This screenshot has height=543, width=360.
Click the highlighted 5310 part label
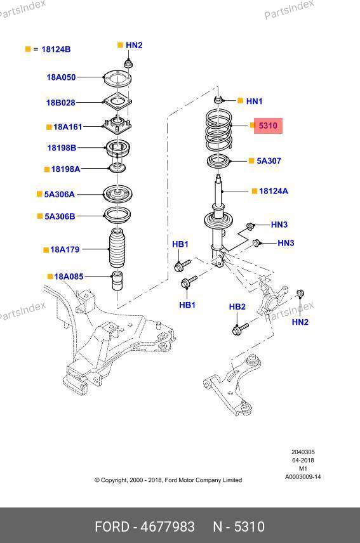pyautogui.click(x=268, y=126)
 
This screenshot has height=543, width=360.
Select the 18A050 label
pyautogui.click(x=62, y=77)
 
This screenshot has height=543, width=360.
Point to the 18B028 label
pyautogui.click(x=61, y=103)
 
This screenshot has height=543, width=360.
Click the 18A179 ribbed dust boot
pyautogui.click(x=117, y=248)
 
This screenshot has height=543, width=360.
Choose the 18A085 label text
pyautogui.click(x=69, y=277)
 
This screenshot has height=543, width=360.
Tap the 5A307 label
pyautogui.click(x=269, y=160)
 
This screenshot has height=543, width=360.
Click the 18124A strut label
pyautogui.click(x=274, y=191)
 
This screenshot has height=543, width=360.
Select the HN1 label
pyautogui.click(x=255, y=101)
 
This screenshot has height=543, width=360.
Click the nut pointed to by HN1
pyautogui.click(x=218, y=100)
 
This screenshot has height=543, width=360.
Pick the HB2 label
pyautogui.click(x=237, y=306)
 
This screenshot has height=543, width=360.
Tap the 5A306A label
pyautogui.click(x=59, y=194)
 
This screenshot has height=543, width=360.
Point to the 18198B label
pyautogui.click(x=62, y=148)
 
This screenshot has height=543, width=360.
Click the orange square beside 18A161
pyautogui.click(x=49, y=127)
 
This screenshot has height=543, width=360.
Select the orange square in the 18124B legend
pyautogui.click(x=28, y=49)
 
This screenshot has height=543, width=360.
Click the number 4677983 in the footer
pyautogui.click(x=168, y=527)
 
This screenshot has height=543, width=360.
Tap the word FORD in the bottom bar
pyautogui.click(x=112, y=527)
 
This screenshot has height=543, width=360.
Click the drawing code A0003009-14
pyautogui.click(x=303, y=477)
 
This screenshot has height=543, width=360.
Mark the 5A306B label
pyautogui.click(x=60, y=216)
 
